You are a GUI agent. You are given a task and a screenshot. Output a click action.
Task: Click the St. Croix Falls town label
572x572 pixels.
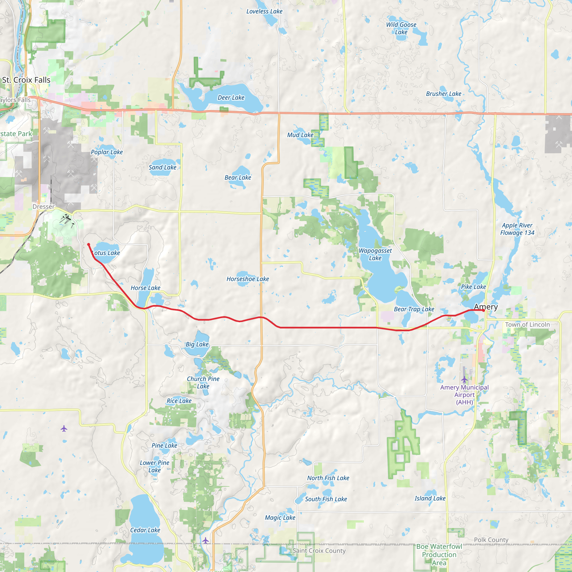(x=26, y=80)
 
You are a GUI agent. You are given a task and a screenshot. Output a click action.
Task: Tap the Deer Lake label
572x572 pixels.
(x=231, y=98)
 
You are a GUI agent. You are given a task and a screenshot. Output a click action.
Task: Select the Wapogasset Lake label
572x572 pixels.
(x=375, y=254)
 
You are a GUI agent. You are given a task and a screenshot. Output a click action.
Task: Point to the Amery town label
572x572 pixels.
(x=486, y=307)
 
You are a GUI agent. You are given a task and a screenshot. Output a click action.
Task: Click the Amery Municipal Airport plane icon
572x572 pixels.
(x=464, y=379)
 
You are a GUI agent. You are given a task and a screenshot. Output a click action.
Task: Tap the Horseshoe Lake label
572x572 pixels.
(x=248, y=279)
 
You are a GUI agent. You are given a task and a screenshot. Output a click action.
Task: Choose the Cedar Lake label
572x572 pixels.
(x=145, y=530)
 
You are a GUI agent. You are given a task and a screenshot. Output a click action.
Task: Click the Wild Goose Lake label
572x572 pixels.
(x=401, y=28)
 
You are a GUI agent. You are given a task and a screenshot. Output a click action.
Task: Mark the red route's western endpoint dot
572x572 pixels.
(x=89, y=245)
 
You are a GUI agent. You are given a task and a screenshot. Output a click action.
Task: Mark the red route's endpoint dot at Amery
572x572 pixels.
(x=483, y=311)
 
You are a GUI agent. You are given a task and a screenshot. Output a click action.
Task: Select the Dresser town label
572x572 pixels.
(x=44, y=207)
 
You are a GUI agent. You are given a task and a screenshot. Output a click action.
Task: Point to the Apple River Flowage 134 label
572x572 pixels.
(x=517, y=229)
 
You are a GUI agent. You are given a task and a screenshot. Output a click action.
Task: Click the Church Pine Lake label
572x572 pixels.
(x=203, y=383)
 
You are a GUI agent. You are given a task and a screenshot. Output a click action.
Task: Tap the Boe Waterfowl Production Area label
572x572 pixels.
(x=439, y=554)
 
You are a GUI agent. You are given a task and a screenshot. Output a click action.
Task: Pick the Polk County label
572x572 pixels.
(x=491, y=540)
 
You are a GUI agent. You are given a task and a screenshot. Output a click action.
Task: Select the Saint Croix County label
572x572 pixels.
(x=319, y=551)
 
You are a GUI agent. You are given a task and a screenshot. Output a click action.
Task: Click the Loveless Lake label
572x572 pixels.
(x=264, y=11)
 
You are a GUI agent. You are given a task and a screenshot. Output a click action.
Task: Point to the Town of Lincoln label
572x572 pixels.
(x=527, y=325)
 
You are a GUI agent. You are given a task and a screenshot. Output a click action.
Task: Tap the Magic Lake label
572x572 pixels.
(x=280, y=518)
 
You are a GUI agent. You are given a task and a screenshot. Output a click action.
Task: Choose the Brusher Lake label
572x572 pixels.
(x=444, y=94)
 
